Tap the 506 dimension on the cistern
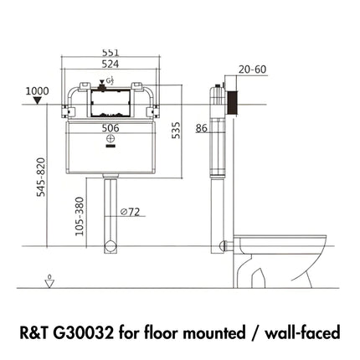(x=109, y=129)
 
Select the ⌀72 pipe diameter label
(x=129, y=213)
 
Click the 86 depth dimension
(x=201, y=128)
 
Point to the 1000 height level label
(x=36, y=90)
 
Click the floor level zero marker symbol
(x=50, y=280)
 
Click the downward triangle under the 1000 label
(x=36, y=102)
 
